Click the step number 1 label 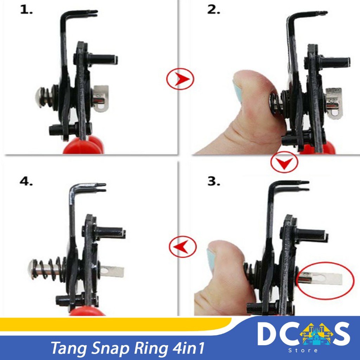[x=26, y=10]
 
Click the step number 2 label [x=213, y=10]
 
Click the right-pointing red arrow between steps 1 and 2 [x=180, y=79]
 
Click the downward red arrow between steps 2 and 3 [x=284, y=162]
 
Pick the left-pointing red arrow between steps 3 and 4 [x=183, y=246]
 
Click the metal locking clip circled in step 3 [x=320, y=278]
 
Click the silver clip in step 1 [x=101, y=99]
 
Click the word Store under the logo [x=303, y=351]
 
